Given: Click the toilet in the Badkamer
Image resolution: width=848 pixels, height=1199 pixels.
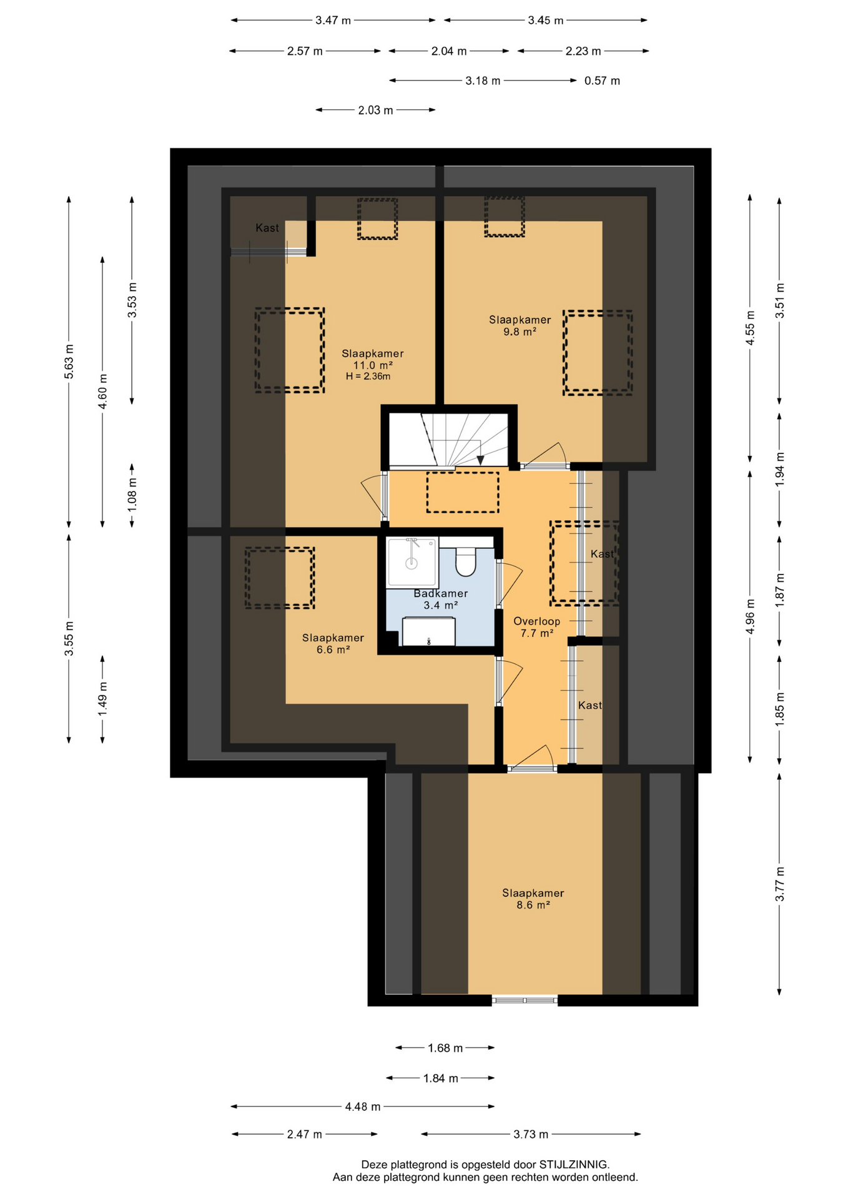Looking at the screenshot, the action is click(x=466, y=561).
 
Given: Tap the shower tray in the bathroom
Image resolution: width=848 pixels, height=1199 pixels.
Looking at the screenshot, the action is click(x=412, y=562).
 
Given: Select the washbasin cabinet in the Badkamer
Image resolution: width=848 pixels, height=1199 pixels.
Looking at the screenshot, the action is click(x=428, y=631).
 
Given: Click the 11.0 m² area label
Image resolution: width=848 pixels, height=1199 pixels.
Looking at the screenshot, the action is click(x=373, y=365).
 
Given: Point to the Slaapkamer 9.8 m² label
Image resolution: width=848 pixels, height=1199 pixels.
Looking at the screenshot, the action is click(x=520, y=325).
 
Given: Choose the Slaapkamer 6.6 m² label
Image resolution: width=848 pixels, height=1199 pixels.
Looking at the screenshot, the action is click(x=333, y=643).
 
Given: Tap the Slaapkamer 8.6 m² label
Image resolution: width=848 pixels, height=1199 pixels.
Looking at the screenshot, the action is click(x=533, y=899).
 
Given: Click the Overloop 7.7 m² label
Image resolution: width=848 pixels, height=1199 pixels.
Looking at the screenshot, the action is click(x=537, y=627).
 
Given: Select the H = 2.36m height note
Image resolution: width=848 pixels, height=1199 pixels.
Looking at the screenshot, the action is click(x=368, y=377).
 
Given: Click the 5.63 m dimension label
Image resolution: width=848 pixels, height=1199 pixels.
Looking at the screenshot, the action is click(x=69, y=362).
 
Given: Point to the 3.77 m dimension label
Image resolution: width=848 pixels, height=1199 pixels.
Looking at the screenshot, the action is click(x=780, y=884).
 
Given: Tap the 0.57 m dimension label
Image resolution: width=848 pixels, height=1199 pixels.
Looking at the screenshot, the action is click(x=602, y=81).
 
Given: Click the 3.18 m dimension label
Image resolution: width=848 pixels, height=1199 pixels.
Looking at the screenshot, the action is click(x=483, y=81).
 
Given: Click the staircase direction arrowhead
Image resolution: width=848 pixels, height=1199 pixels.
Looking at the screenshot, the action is click(x=480, y=460).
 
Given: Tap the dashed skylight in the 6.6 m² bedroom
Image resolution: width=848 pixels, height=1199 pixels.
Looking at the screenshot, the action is click(x=280, y=578).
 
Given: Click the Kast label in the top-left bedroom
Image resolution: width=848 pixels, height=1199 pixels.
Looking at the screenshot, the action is click(x=267, y=228).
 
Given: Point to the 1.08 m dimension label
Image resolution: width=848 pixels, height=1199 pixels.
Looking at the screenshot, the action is click(x=132, y=495).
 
